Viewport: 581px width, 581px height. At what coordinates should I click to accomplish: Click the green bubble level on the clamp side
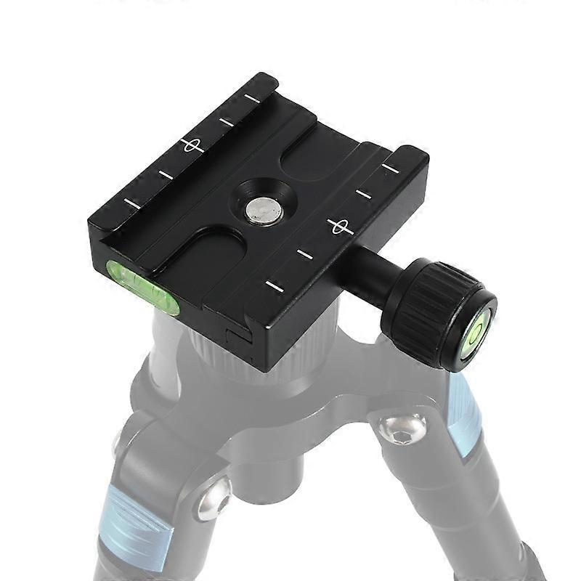[144, 285]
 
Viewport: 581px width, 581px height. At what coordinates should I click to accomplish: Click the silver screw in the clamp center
[264, 211]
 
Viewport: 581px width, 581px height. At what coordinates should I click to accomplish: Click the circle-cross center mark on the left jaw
[192, 145]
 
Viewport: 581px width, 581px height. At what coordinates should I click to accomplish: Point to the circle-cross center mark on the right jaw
[340, 226]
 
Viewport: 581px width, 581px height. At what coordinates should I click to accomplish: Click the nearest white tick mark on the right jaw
[274, 285]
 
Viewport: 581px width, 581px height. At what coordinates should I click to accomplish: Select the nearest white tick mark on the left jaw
[131, 204]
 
